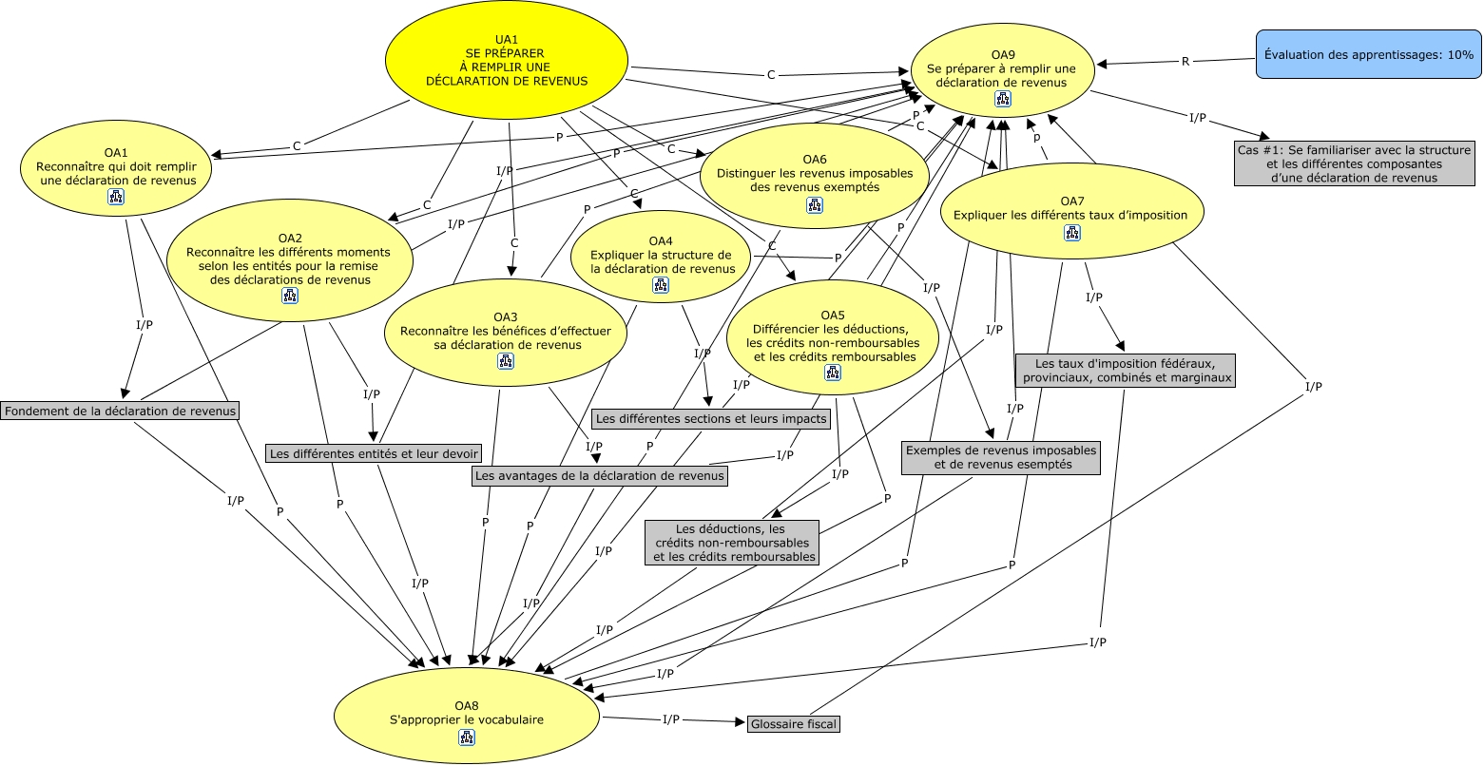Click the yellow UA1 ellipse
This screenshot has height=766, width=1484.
(x=507, y=60)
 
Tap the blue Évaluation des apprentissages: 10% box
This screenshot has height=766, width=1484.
(x=1368, y=55)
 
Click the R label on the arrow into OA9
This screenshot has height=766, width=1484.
(x=1185, y=62)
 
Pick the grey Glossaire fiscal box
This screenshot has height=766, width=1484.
(x=794, y=724)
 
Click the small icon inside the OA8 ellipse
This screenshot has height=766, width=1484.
(x=466, y=737)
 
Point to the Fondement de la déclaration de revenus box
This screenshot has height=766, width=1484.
(x=120, y=411)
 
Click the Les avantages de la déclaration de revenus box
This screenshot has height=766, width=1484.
(x=599, y=475)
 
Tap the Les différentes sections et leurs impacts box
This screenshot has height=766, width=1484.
(x=711, y=418)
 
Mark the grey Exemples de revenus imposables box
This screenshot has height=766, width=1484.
(x=1001, y=457)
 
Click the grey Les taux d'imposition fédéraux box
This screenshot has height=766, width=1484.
(x=1127, y=371)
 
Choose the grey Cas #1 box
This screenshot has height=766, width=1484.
(x=1355, y=164)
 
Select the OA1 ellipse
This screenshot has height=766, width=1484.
(x=116, y=171)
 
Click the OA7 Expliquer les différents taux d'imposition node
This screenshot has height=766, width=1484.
(x=1071, y=209)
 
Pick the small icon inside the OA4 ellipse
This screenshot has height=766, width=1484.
(x=661, y=285)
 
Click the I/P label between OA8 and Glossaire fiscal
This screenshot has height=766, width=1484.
(x=671, y=719)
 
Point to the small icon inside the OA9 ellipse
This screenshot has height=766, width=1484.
(x=1002, y=99)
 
